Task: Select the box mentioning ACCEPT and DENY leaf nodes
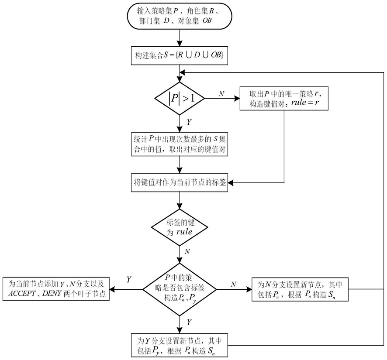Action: pos(56,288)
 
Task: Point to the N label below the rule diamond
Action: pos(188,252)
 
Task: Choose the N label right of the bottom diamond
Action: pos(234,284)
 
